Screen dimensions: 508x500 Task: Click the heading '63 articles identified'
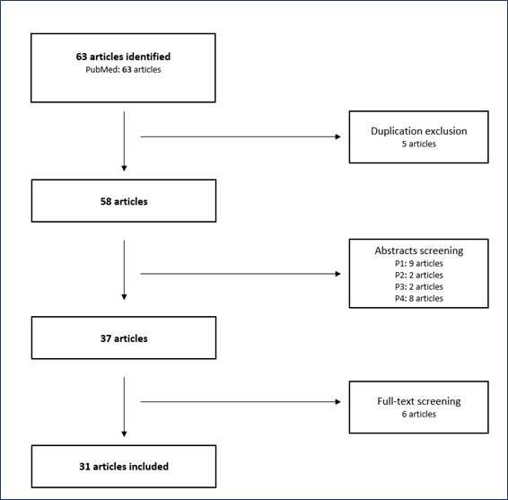[x=123, y=57]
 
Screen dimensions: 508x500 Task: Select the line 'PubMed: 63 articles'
[x=123, y=70]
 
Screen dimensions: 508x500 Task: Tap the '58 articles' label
[x=124, y=201]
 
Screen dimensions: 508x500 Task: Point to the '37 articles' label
[x=124, y=338]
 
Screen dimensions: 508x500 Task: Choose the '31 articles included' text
[x=124, y=466]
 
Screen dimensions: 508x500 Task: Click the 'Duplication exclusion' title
[x=419, y=131]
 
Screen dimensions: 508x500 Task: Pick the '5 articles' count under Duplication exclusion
[x=419, y=144]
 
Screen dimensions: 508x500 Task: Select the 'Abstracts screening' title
[x=419, y=250]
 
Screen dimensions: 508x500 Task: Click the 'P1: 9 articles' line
[x=419, y=263]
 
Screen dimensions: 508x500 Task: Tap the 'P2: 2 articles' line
[x=419, y=275]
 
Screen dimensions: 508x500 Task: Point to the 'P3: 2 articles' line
[x=419, y=286]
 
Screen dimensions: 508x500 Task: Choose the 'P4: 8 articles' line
[x=419, y=298]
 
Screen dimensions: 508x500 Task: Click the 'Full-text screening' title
[x=419, y=401]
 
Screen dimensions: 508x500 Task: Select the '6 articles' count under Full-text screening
[x=419, y=414]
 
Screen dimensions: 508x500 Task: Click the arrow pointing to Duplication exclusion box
[x=241, y=136]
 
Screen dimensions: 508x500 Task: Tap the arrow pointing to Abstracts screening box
[x=241, y=274]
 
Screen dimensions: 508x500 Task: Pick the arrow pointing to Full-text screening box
[x=241, y=402]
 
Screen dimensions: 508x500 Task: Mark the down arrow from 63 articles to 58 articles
[x=124, y=141]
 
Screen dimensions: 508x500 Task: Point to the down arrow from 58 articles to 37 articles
[x=124, y=270]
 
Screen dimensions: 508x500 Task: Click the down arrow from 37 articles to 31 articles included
[x=124, y=407]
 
